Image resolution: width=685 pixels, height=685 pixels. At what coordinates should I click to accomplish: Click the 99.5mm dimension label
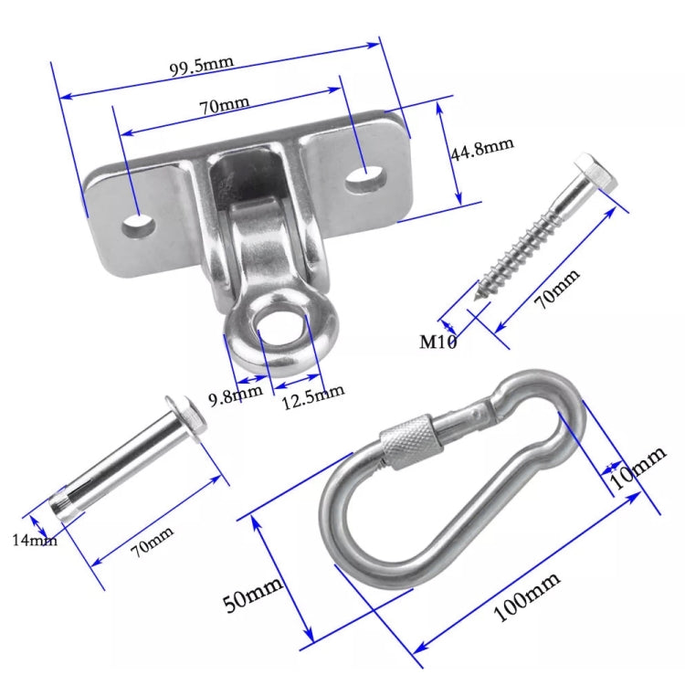[x=202, y=66]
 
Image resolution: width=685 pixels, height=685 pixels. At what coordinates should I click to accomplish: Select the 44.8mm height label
[x=482, y=148]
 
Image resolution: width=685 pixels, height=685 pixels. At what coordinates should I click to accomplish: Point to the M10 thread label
[x=437, y=342]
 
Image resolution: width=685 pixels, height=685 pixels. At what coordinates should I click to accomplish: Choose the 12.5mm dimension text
[x=313, y=393]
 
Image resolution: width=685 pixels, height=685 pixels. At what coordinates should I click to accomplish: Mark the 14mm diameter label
[x=35, y=540]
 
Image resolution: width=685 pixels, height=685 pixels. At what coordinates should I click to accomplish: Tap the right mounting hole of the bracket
[x=364, y=174]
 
